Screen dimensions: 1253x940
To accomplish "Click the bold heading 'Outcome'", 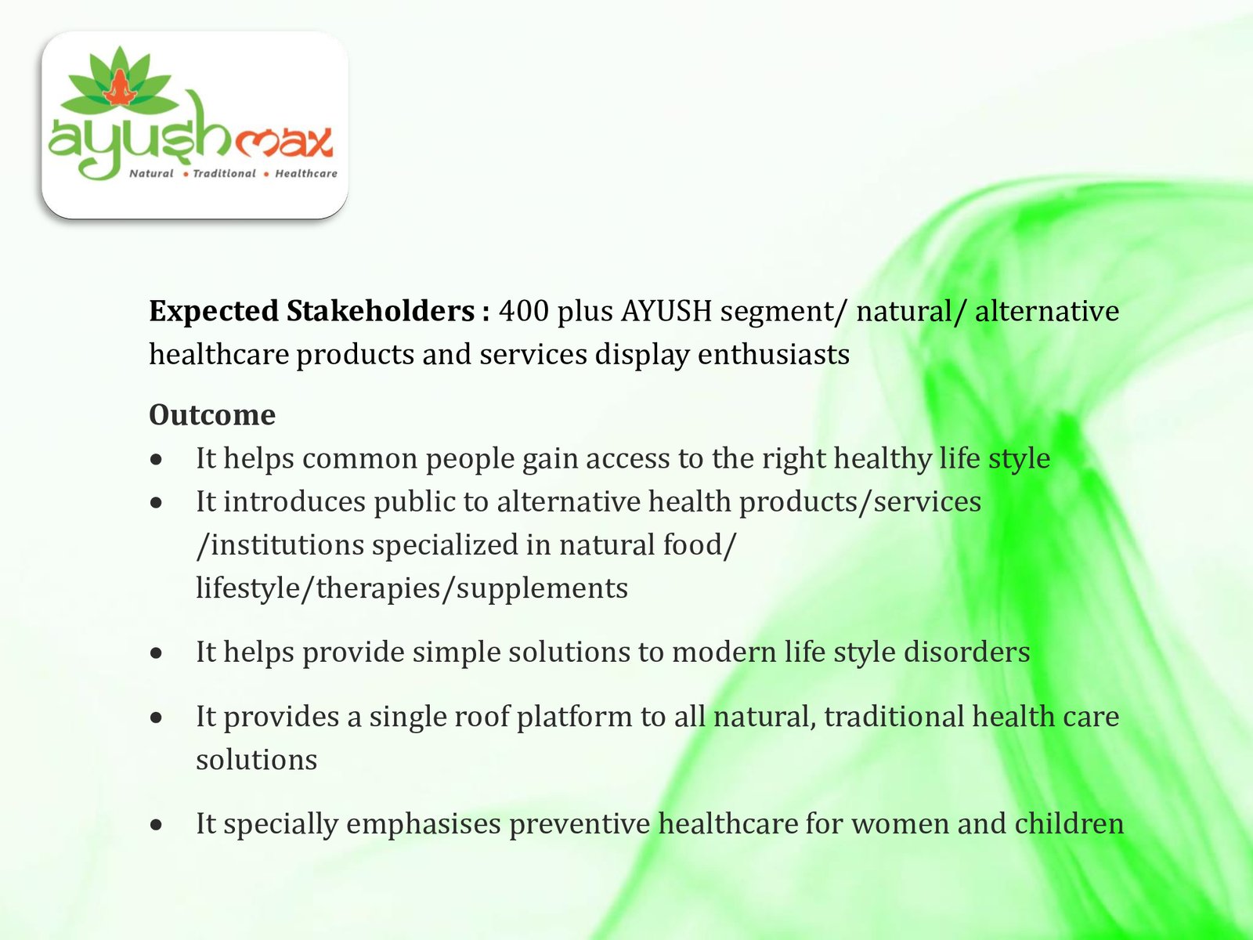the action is coord(211,414).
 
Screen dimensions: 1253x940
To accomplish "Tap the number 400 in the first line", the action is coord(523,311).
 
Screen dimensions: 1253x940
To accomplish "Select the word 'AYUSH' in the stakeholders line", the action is coord(666,311).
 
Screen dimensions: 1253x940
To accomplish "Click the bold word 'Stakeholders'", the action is coord(380,311).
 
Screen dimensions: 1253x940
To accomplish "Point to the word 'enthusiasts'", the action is coord(774,354).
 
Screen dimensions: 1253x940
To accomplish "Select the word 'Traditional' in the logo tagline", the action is coord(224,173).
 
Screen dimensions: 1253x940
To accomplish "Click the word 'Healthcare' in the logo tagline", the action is coord(306,173).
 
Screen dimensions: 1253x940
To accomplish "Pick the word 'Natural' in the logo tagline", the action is coord(150,173).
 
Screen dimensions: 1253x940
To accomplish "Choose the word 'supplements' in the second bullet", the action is coord(542,588).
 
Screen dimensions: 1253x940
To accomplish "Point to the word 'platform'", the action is coord(574,717).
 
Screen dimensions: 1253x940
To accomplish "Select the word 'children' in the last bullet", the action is coord(1069,823).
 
